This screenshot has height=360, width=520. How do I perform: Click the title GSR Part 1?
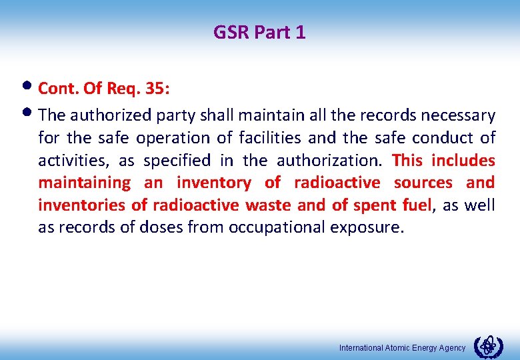point(259,32)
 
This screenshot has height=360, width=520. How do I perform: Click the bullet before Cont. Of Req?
point(31,88)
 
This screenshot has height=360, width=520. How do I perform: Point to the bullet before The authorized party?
point(31,115)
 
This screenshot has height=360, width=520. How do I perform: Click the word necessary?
point(461,116)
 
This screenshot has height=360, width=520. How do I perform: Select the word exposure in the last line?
point(369,227)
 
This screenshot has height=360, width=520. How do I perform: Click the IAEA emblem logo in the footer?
point(489,347)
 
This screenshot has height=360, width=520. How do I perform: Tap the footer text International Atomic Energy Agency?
point(402,348)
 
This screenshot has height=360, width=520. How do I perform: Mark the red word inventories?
point(79,205)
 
